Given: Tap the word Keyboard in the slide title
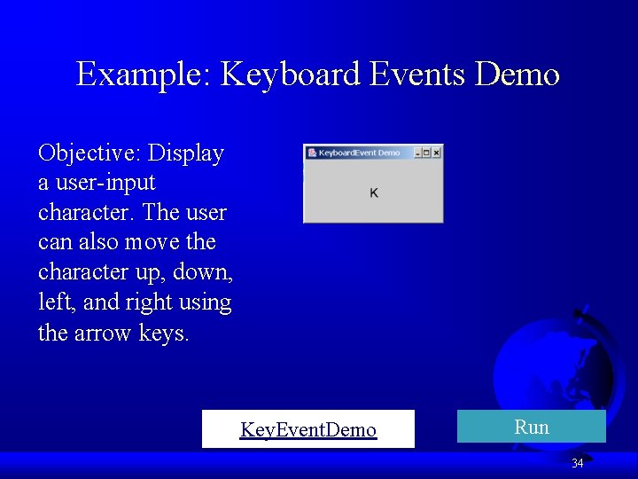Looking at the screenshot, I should pos(290,74).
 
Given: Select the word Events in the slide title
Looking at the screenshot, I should pos(416,74).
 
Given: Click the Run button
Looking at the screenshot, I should pos(531,427).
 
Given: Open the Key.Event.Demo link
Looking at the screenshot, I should pos(307,430).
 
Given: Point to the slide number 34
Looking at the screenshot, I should pos(578,463).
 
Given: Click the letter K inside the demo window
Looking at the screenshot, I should pos(374,192).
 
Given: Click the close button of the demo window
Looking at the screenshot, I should pos(437,153).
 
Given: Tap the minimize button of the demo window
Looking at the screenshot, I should pos(417,153).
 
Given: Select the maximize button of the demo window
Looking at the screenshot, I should pos(427,153).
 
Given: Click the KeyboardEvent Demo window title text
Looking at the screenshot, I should pos(359,153).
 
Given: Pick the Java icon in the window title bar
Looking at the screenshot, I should pos(312,153).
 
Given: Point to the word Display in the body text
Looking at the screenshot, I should pos(186,153).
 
